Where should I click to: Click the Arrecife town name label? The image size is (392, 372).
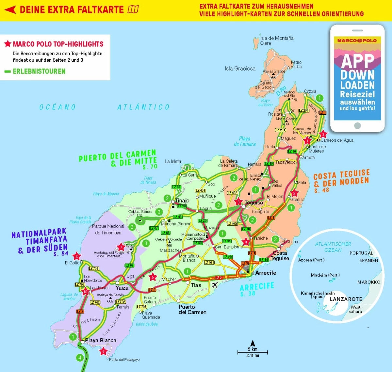(x=266, y=273)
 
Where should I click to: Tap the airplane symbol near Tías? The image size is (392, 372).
(x=215, y=285)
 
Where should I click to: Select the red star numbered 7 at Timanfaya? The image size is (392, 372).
(x=121, y=247)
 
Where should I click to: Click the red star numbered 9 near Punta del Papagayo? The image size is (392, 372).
(x=104, y=351)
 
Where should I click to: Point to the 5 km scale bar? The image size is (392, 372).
(x=253, y=352)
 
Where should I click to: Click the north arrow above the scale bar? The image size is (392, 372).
(x=253, y=343)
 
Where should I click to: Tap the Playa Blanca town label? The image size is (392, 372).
(x=101, y=340)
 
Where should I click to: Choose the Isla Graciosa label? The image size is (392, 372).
(x=240, y=69)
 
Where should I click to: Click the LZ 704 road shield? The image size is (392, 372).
(x=94, y=268)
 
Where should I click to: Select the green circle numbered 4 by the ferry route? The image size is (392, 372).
(x=80, y=358)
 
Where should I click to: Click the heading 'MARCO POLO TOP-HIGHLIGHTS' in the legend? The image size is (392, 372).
(x=58, y=44)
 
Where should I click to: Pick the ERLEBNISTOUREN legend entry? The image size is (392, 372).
(x=39, y=71)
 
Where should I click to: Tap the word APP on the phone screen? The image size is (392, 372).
(x=358, y=61)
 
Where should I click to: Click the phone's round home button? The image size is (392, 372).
(x=357, y=125)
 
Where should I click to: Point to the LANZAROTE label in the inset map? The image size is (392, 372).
(x=346, y=299)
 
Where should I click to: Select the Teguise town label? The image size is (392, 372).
(x=254, y=203)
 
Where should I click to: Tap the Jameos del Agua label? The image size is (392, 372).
(x=337, y=140)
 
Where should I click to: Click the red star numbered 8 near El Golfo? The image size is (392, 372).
(x=76, y=256)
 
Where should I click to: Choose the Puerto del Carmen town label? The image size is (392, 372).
(x=192, y=309)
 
